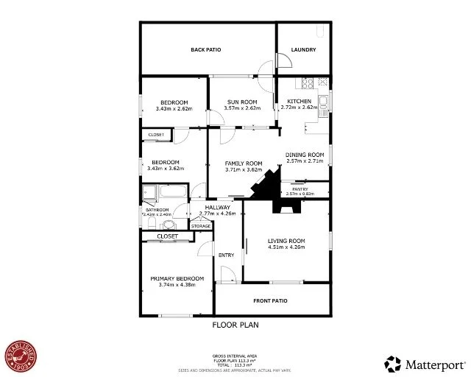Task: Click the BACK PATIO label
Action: (x=206, y=50)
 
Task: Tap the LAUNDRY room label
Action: (x=303, y=50)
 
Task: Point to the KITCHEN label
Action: (x=299, y=101)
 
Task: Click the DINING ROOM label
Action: (x=305, y=155)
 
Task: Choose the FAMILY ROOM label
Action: (x=244, y=163)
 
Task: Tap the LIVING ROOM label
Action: (x=286, y=241)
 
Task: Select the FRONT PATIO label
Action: (x=271, y=300)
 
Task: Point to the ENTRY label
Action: (x=227, y=255)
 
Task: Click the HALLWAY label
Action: (x=218, y=208)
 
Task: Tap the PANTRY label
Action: (x=300, y=189)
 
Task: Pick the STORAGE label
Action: (x=201, y=226)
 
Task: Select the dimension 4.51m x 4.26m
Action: (x=286, y=247)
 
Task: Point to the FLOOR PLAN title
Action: (x=235, y=324)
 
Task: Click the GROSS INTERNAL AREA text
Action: (x=235, y=355)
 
